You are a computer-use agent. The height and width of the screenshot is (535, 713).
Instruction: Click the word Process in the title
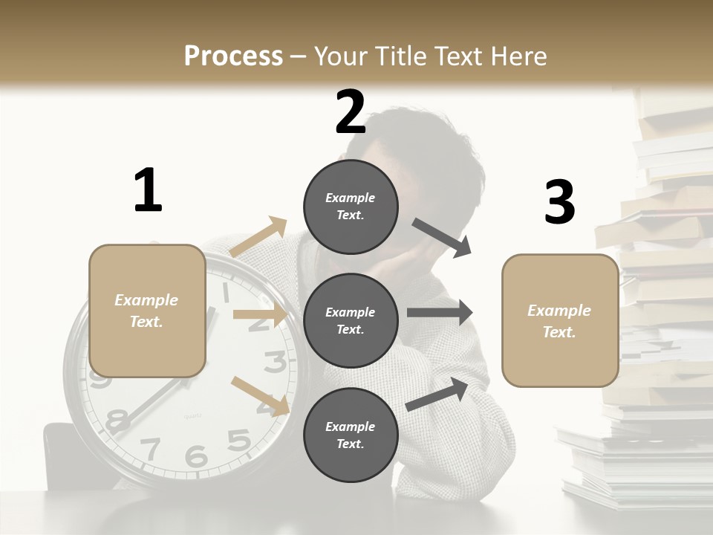pyautogui.click(x=233, y=56)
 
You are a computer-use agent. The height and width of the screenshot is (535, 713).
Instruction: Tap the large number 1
pyautogui.click(x=148, y=190)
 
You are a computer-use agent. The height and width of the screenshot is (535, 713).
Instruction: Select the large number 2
pyautogui.click(x=351, y=113)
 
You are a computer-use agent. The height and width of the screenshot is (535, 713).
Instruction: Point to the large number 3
pyautogui.click(x=559, y=203)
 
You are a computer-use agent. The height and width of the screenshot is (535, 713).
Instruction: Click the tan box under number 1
pyautogui.click(x=147, y=311)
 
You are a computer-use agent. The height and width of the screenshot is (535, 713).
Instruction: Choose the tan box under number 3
pyautogui.click(x=560, y=320)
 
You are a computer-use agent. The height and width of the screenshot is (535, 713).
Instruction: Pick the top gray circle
pyautogui.click(x=351, y=206)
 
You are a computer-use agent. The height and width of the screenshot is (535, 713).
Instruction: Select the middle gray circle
pyautogui.click(x=351, y=320)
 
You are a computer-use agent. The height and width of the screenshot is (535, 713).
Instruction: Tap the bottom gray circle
pyautogui.click(x=351, y=435)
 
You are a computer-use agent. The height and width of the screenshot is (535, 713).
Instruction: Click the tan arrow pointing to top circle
pyautogui.click(x=258, y=237)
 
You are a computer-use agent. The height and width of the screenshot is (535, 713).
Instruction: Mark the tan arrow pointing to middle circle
pyautogui.click(x=259, y=314)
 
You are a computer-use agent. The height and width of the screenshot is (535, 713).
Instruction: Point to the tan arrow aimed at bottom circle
pyautogui.click(x=261, y=395)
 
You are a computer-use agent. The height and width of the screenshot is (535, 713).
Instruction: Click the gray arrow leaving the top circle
pyautogui.click(x=441, y=238)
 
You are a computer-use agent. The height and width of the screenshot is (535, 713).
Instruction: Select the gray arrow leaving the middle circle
pyautogui.click(x=439, y=313)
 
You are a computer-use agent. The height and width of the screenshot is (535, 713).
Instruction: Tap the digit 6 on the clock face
pyautogui.click(x=196, y=455)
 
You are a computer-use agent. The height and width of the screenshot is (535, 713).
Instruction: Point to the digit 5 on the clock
pyautogui.click(x=238, y=440)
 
